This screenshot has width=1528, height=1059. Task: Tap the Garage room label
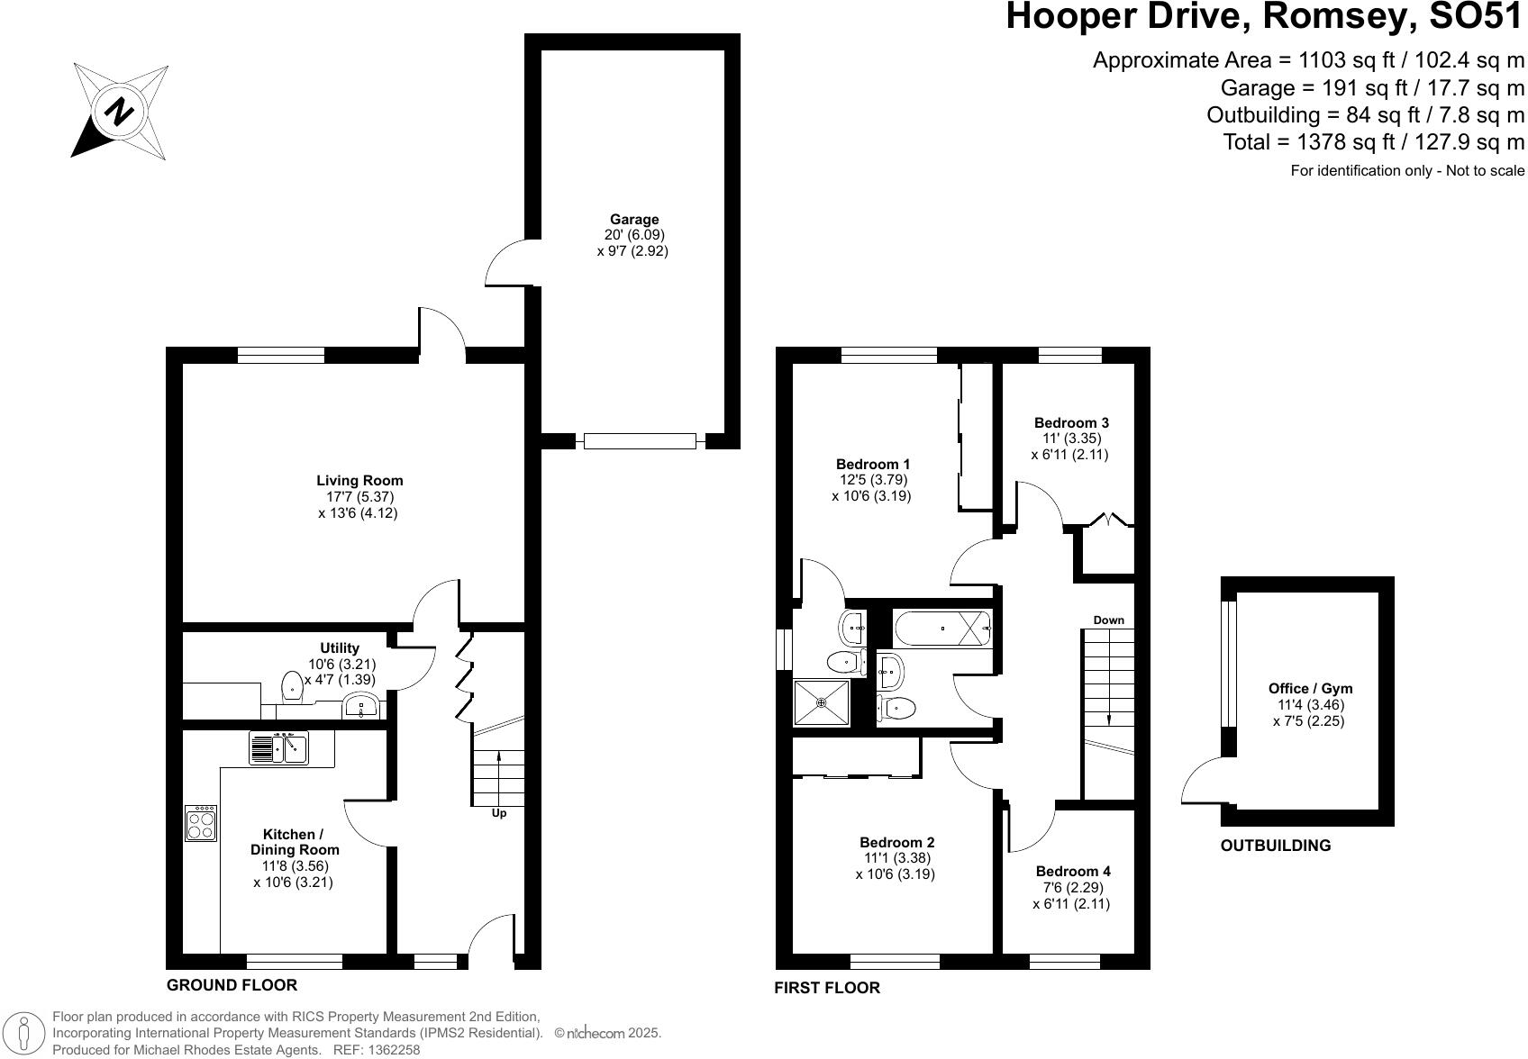pyautogui.click(x=633, y=219)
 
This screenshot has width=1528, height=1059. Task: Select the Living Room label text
pyautogui.click(x=359, y=480)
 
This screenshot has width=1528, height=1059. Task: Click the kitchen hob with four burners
pyautogui.click(x=201, y=822)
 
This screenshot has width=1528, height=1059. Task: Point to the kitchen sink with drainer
pyautogui.click(x=278, y=747)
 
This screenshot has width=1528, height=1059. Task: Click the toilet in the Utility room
pyautogui.click(x=292, y=687)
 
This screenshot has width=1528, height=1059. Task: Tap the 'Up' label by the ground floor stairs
pyautogui.click(x=498, y=813)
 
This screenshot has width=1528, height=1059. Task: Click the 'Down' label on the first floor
pyautogui.click(x=1108, y=620)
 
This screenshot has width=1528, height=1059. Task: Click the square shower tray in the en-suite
pyautogui.click(x=821, y=701)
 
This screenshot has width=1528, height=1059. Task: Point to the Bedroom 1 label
pyautogui.click(x=872, y=464)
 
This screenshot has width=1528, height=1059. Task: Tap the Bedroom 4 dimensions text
pyautogui.click(x=1071, y=895)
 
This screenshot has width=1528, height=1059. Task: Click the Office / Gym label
pyautogui.click(x=1310, y=688)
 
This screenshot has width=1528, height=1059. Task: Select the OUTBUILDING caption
pyautogui.click(x=1275, y=846)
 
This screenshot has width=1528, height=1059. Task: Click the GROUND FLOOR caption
pyautogui.click(x=232, y=984)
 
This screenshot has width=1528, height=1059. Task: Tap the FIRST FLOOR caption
pyautogui.click(x=826, y=988)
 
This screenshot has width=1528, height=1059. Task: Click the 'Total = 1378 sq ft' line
pyautogui.click(x=1373, y=141)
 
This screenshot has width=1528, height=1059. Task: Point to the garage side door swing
pyautogui.click(x=507, y=264)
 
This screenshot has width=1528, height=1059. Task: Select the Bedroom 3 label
pyautogui.click(x=1070, y=422)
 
